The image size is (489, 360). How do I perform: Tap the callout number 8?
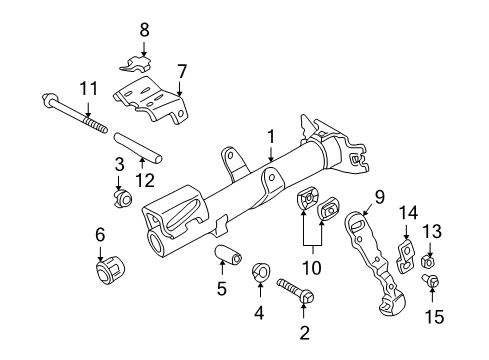[144, 30]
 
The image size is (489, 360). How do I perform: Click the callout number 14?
[406, 212]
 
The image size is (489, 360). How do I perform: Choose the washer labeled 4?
[260, 270]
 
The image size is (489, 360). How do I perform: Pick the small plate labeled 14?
[405, 254]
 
